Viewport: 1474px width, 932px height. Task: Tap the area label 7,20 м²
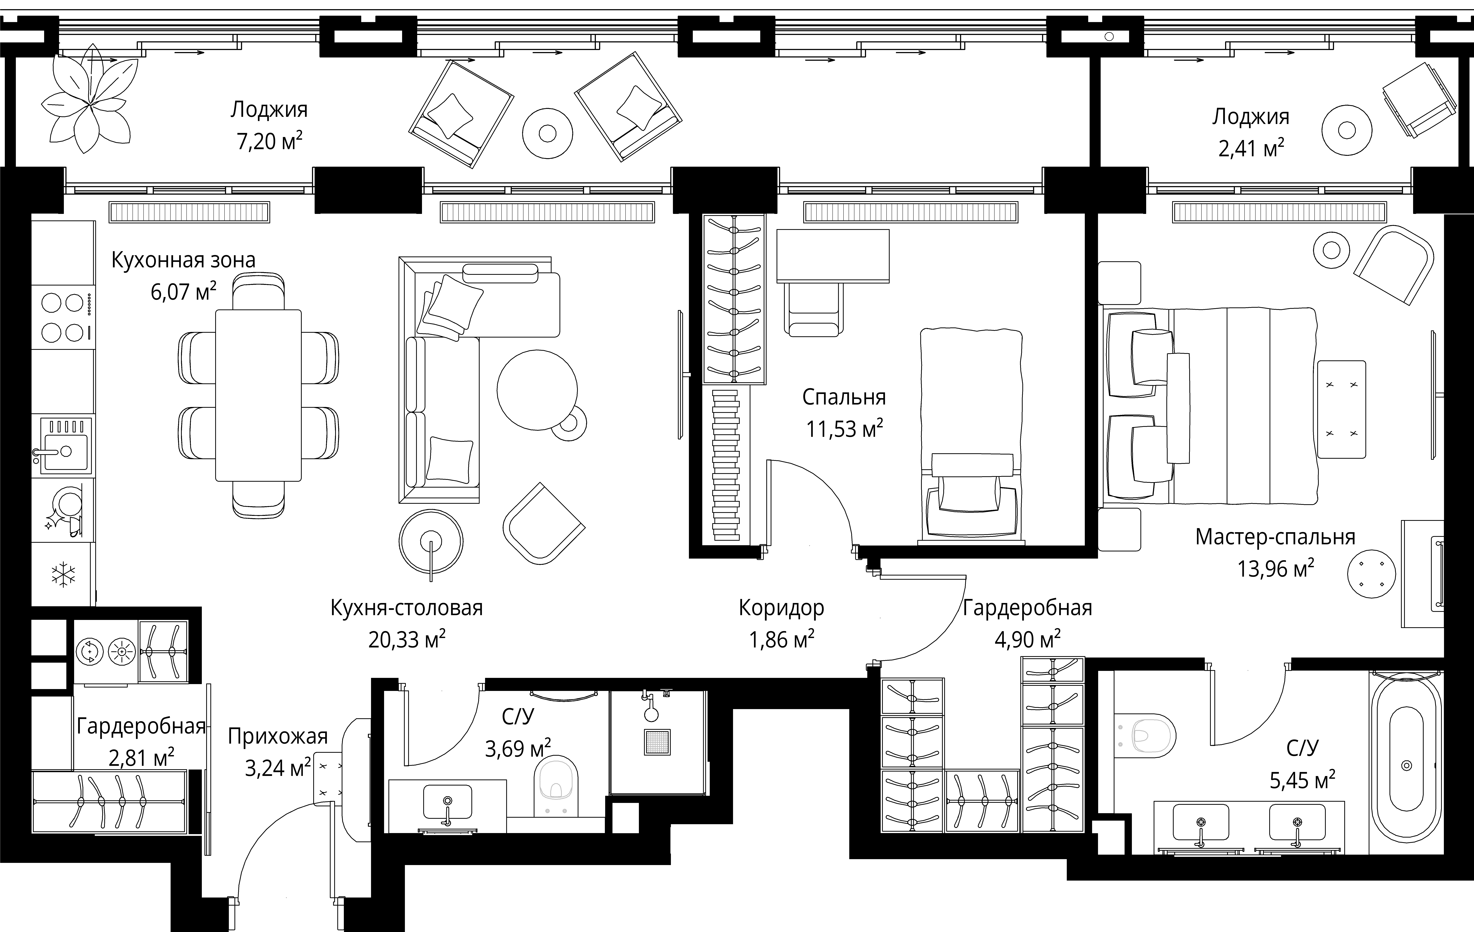point(269,141)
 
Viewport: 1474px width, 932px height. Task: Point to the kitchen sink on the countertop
point(63,445)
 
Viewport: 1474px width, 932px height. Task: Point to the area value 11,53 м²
point(844,429)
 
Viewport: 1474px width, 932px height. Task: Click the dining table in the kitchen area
point(258,395)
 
